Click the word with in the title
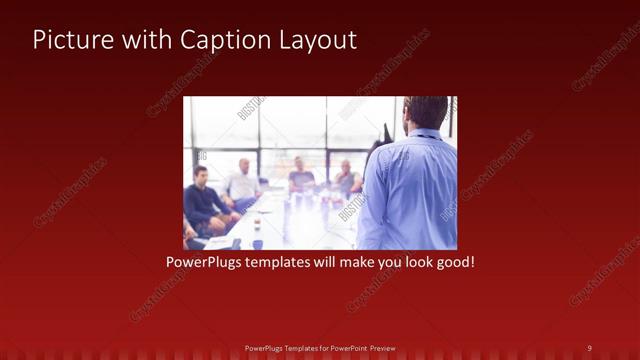click(x=146, y=40)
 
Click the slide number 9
click(x=589, y=347)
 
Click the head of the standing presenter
click(x=427, y=112)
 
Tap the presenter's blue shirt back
click(x=410, y=190)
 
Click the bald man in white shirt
click(x=243, y=181)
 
